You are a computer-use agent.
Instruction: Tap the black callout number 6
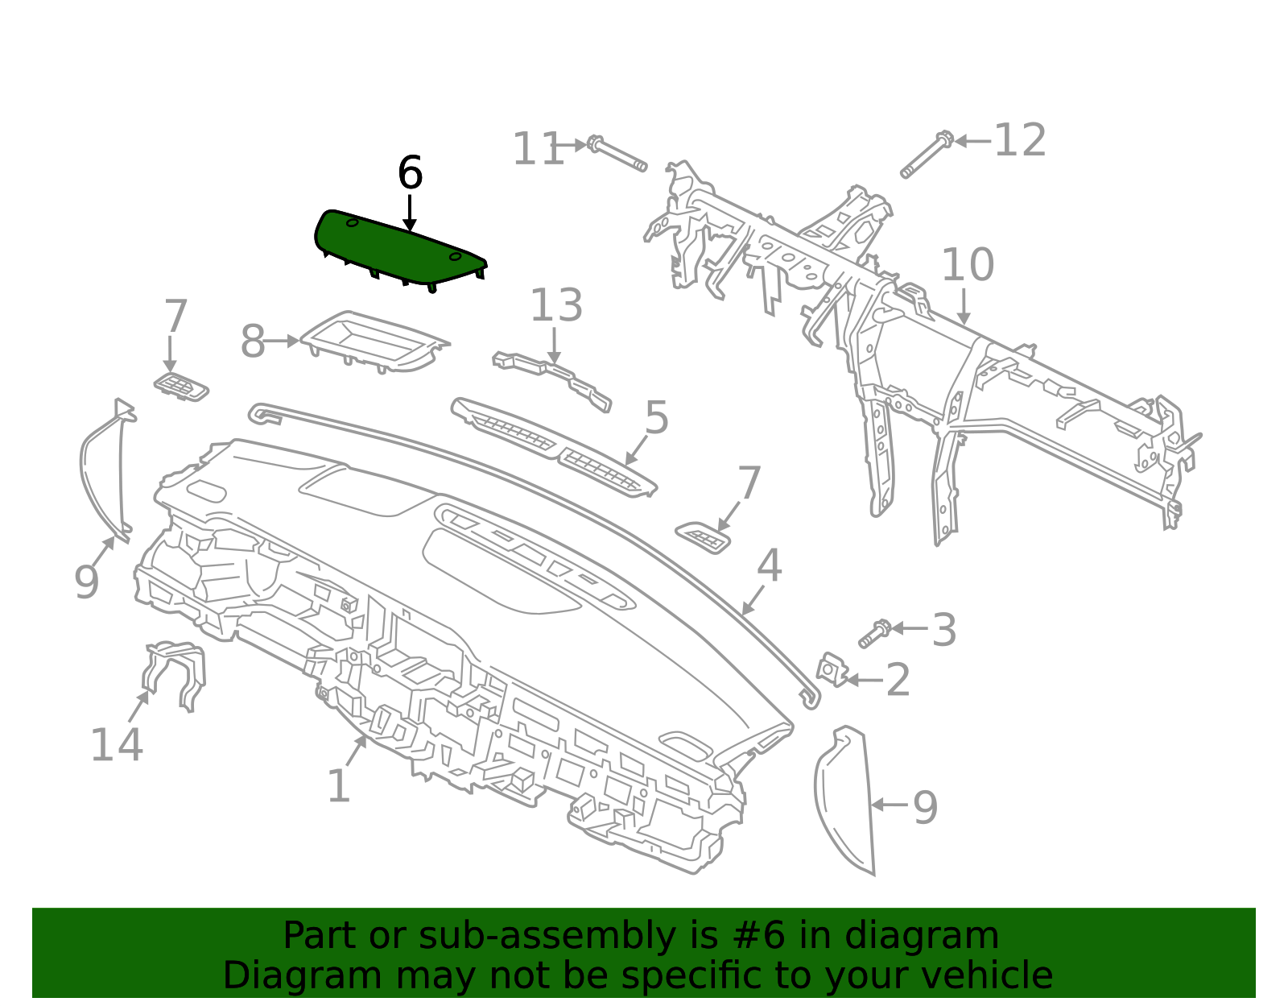410,173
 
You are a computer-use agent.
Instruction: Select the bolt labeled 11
617,155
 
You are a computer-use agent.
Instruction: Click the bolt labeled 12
927,156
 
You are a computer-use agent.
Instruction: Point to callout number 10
967,266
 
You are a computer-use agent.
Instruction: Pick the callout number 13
555,307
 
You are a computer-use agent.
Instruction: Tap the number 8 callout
253,342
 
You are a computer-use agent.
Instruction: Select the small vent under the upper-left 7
182,387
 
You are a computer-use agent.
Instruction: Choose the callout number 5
657,419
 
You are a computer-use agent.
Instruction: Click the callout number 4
769,566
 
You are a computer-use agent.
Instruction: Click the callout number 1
338,787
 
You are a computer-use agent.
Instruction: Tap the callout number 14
117,745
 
